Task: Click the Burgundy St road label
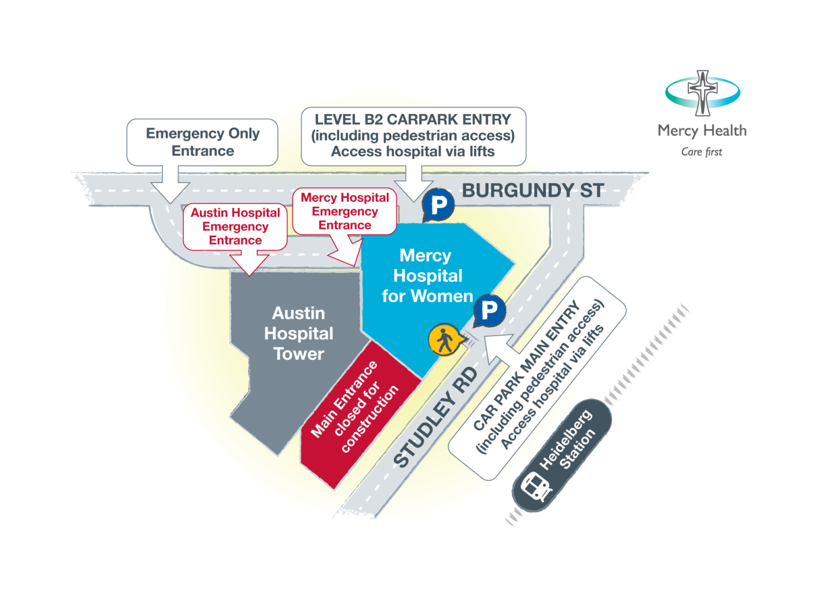[x=533, y=191]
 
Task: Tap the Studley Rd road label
[x=436, y=417]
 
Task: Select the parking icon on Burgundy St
[x=438, y=205]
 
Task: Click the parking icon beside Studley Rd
[x=489, y=311]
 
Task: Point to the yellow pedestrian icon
[x=446, y=339]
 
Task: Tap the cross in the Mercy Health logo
[x=702, y=93]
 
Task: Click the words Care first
[x=701, y=152]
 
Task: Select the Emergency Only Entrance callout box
[x=202, y=142]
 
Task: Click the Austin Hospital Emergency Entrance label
[x=235, y=227]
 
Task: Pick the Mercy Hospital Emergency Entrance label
[x=345, y=212]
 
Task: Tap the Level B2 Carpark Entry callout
[x=413, y=136]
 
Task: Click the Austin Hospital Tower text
[x=298, y=334]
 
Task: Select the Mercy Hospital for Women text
[x=427, y=276]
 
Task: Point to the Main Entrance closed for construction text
[x=355, y=407]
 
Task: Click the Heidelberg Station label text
[x=567, y=439]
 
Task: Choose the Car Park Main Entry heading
[x=526, y=365]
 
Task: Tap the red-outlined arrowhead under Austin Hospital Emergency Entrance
[x=249, y=263]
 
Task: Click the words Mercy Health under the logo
[x=702, y=130]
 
